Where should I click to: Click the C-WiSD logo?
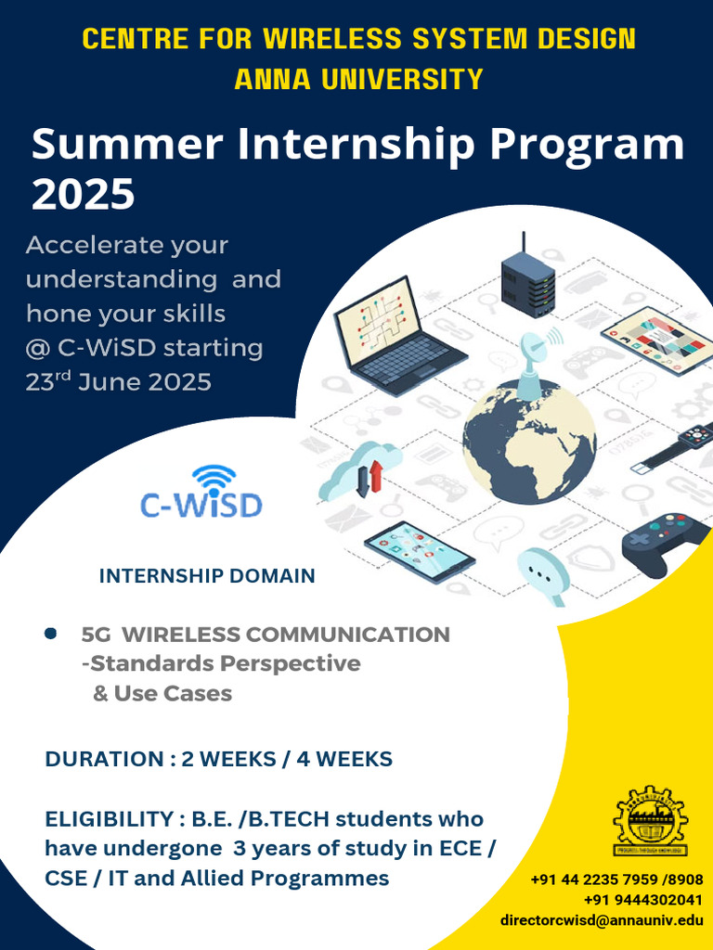(x=201, y=493)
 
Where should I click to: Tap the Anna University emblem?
(x=650, y=821)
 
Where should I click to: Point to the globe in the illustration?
(x=529, y=436)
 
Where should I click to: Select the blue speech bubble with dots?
(x=544, y=571)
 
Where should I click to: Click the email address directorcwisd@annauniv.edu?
(x=601, y=920)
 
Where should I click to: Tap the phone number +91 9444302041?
(x=642, y=900)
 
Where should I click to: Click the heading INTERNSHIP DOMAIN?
(x=207, y=576)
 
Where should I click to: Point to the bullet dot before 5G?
(x=51, y=634)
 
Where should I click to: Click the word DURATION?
(x=103, y=759)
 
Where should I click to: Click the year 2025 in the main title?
(x=84, y=195)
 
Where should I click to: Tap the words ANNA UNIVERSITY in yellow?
(x=358, y=79)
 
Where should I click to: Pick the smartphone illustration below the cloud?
(x=419, y=551)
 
